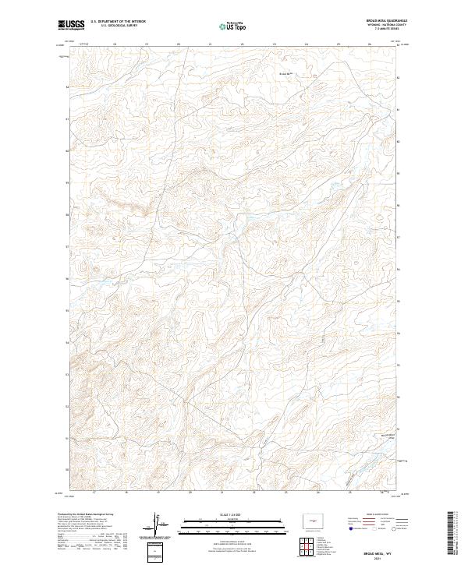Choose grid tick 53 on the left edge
coord(67,375)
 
